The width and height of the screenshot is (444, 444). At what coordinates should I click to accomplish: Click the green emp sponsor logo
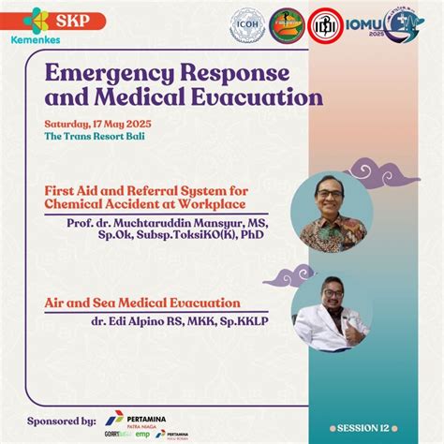click(x=142, y=435)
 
